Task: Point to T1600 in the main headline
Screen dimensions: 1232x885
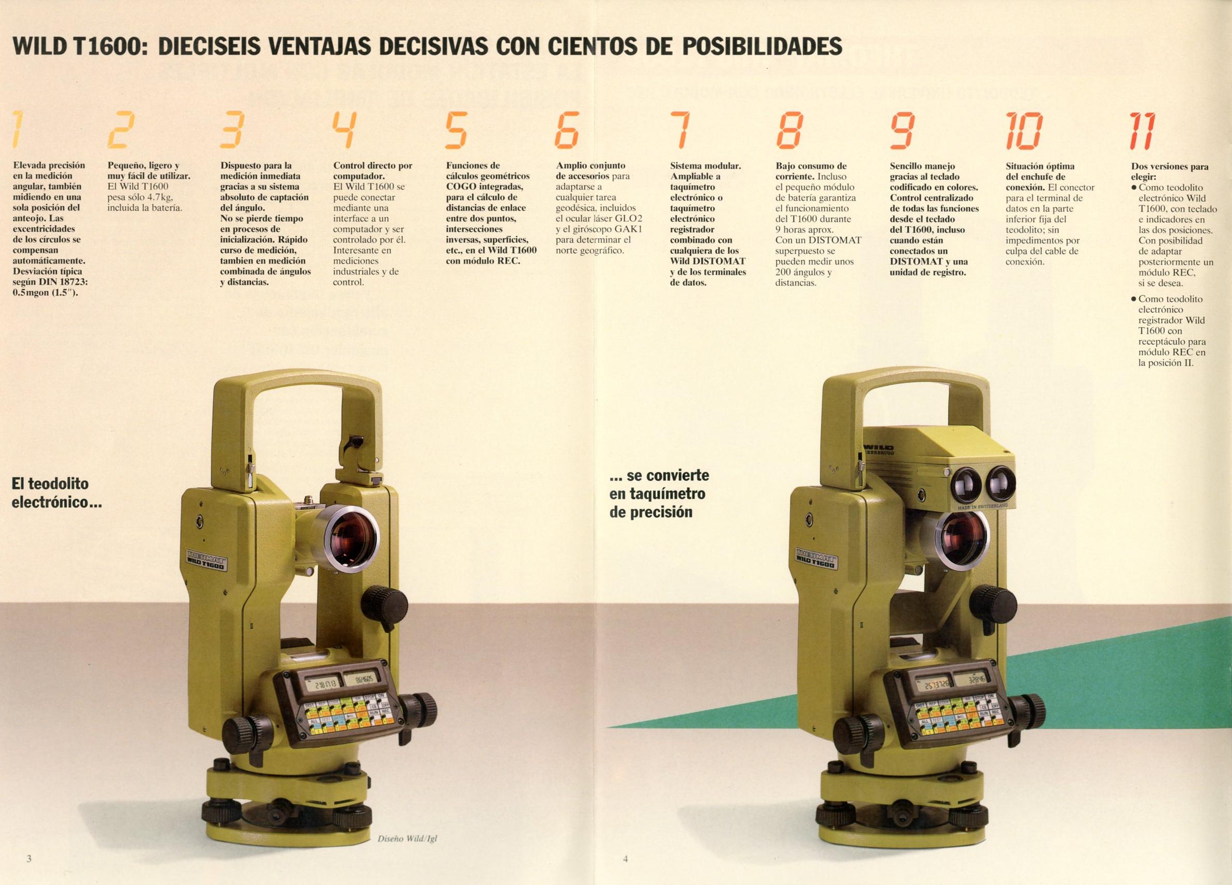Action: point(110,46)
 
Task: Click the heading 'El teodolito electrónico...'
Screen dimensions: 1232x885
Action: point(57,493)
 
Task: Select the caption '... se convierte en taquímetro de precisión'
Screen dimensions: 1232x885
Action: point(660,494)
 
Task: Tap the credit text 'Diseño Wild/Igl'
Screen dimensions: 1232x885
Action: point(407,838)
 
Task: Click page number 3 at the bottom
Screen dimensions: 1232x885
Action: point(29,859)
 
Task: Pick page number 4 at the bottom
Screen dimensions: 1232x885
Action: point(625,859)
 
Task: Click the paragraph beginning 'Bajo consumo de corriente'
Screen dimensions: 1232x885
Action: point(817,224)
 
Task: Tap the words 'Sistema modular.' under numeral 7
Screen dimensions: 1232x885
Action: point(705,166)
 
